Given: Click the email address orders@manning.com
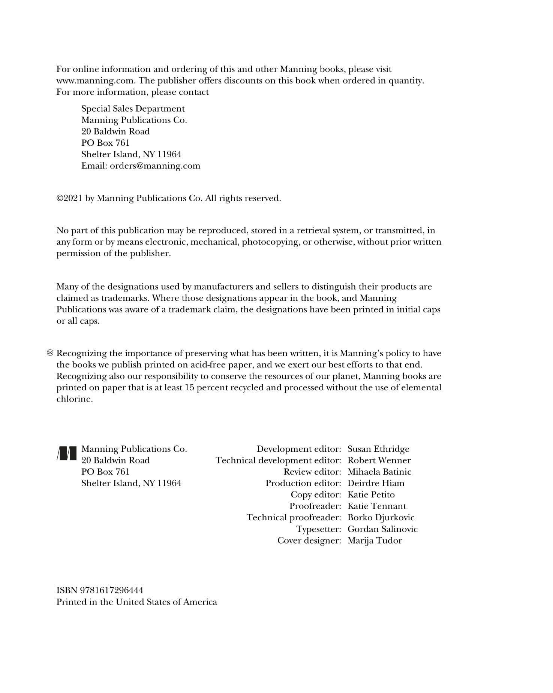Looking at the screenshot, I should (x=155, y=166).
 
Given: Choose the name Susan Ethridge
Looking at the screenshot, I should (x=378, y=449).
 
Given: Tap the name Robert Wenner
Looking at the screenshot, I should (x=379, y=460).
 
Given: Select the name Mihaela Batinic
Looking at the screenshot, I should (x=379, y=472).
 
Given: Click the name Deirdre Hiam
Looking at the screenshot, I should (x=376, y=483).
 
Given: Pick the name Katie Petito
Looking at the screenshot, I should (x=371, y=494).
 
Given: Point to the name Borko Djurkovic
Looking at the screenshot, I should (x=381, y=517).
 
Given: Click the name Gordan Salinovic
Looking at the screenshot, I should (x=382, y=529).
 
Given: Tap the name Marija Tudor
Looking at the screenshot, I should (x=375, y=541).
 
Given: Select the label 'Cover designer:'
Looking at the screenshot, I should (x=309, y=541).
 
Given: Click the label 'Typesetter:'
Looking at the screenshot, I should (x=318, y=529).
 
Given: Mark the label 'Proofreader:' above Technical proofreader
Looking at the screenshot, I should (x=315, y=506).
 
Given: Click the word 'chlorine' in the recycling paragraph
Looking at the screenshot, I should (x=73, y=399).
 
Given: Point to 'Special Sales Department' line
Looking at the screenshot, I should (x=133, y=109).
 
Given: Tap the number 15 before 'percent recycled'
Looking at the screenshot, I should (x=189, y=387).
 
